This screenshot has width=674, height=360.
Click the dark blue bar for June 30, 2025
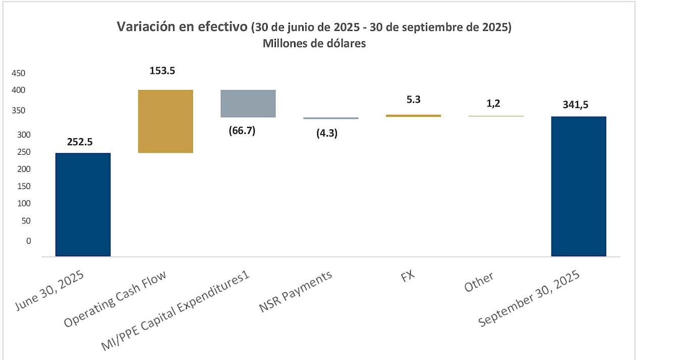[x=83, y=204]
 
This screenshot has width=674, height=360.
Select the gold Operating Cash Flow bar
[x=165, y=121]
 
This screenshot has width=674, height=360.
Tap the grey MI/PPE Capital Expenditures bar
[x=248, y=104]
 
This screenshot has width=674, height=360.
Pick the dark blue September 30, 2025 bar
[x=579, y=186]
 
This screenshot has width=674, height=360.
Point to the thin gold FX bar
[x=413, y=116]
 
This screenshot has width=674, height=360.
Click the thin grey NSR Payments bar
[x=331, y=118]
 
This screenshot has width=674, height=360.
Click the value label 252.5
[x=79, y=142]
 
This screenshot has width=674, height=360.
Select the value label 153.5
[x=162, y=71]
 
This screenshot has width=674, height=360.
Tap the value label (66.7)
[x=242, y=130]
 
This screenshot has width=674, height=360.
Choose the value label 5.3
[x=413, y=100]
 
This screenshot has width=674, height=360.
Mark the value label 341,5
[x=575, y=106]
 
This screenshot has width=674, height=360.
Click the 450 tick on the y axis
[x=19, y=73]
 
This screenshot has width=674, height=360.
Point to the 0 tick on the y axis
[x=28, y=241]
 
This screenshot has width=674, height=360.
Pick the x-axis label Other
[x=479, y=283]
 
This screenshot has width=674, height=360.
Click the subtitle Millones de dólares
[x=314, y=43]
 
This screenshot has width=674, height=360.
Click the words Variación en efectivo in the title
[x=182, y=27]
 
